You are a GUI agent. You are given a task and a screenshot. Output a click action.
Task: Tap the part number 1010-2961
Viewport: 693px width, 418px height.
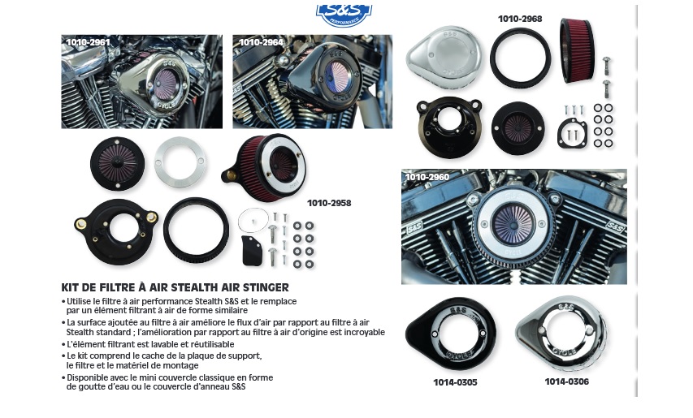[x=88, y=42]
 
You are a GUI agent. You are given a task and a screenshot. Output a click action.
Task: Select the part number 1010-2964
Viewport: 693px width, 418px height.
[x=261, y=42]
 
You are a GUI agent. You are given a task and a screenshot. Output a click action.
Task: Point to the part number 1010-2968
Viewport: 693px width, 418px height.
[x=520, y=19]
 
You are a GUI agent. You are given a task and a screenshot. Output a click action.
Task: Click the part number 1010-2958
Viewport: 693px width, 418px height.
[x=329, y=203]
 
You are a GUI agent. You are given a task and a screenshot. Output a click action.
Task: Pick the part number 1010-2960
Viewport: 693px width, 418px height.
[x=427, y=177]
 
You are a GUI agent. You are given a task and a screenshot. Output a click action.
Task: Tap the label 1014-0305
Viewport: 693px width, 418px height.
[x=455, y=382]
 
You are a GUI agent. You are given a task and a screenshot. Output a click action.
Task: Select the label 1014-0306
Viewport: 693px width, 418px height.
[x=566, y=381]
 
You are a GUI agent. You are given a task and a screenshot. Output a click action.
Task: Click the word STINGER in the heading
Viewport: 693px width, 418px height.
[x=265, y=288]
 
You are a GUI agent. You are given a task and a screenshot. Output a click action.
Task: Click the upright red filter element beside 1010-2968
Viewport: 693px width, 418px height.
[x=577, y=50]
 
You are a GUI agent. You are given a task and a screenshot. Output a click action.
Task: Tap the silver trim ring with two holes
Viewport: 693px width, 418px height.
[x=180, y=162]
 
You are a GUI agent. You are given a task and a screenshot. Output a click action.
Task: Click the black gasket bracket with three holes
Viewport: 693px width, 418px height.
[x=572, y=132]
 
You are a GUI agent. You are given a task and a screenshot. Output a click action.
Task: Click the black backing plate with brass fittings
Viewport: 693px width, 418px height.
[x=117, y=231]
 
